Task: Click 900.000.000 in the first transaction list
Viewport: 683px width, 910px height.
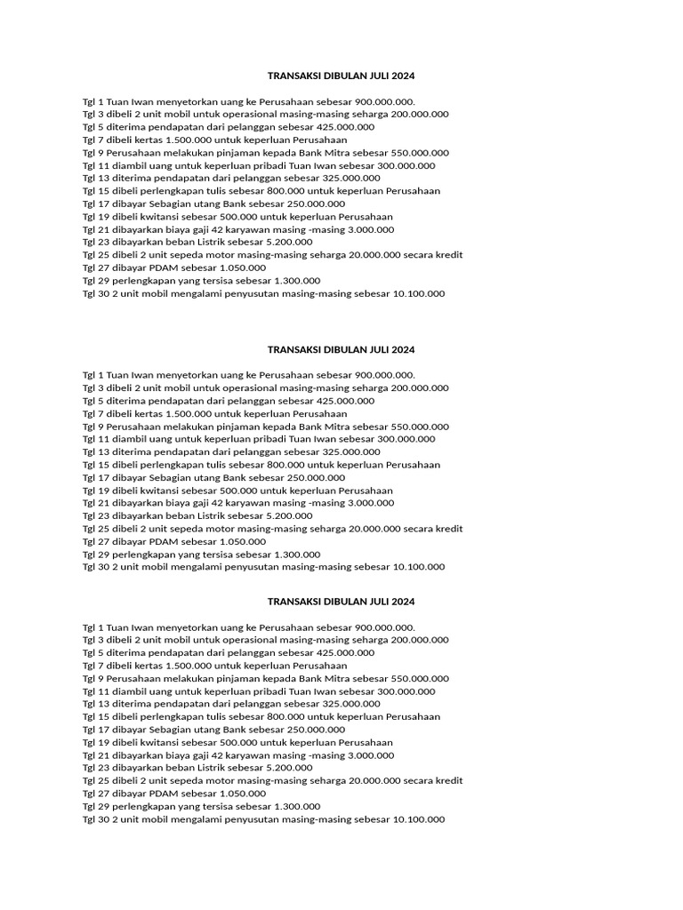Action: pyautogui.click(x=384, y=101)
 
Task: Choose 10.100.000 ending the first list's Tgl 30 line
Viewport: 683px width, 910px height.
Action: pyautogui.click(x=418, y=293)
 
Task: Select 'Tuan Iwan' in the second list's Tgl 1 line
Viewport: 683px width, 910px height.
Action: pyautogui.click(x=123, y=375)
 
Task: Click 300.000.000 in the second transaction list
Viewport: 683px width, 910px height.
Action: pyautogui.click(x=401, y=439)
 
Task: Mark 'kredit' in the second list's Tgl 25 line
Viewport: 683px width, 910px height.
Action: pyautogui.click(x=447, y=529)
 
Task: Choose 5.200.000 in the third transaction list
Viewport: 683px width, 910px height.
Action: pyautogui.click(x=288, y=768)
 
